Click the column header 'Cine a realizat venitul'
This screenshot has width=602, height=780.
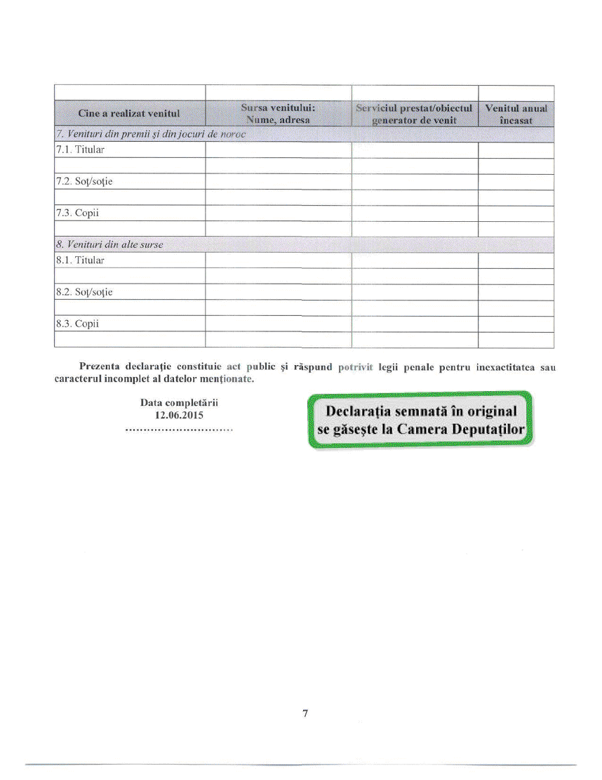[129, 113]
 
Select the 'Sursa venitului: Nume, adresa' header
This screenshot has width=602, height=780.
[277, 113]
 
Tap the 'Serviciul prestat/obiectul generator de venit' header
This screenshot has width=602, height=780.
[414, 113]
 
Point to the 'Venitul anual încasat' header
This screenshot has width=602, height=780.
[516, 113]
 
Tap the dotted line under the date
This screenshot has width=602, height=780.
[179, 429]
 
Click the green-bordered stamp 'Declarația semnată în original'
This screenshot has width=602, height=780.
[419, 419]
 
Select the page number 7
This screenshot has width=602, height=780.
[305, 714]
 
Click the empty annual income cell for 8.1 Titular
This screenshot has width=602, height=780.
[516, 260]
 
